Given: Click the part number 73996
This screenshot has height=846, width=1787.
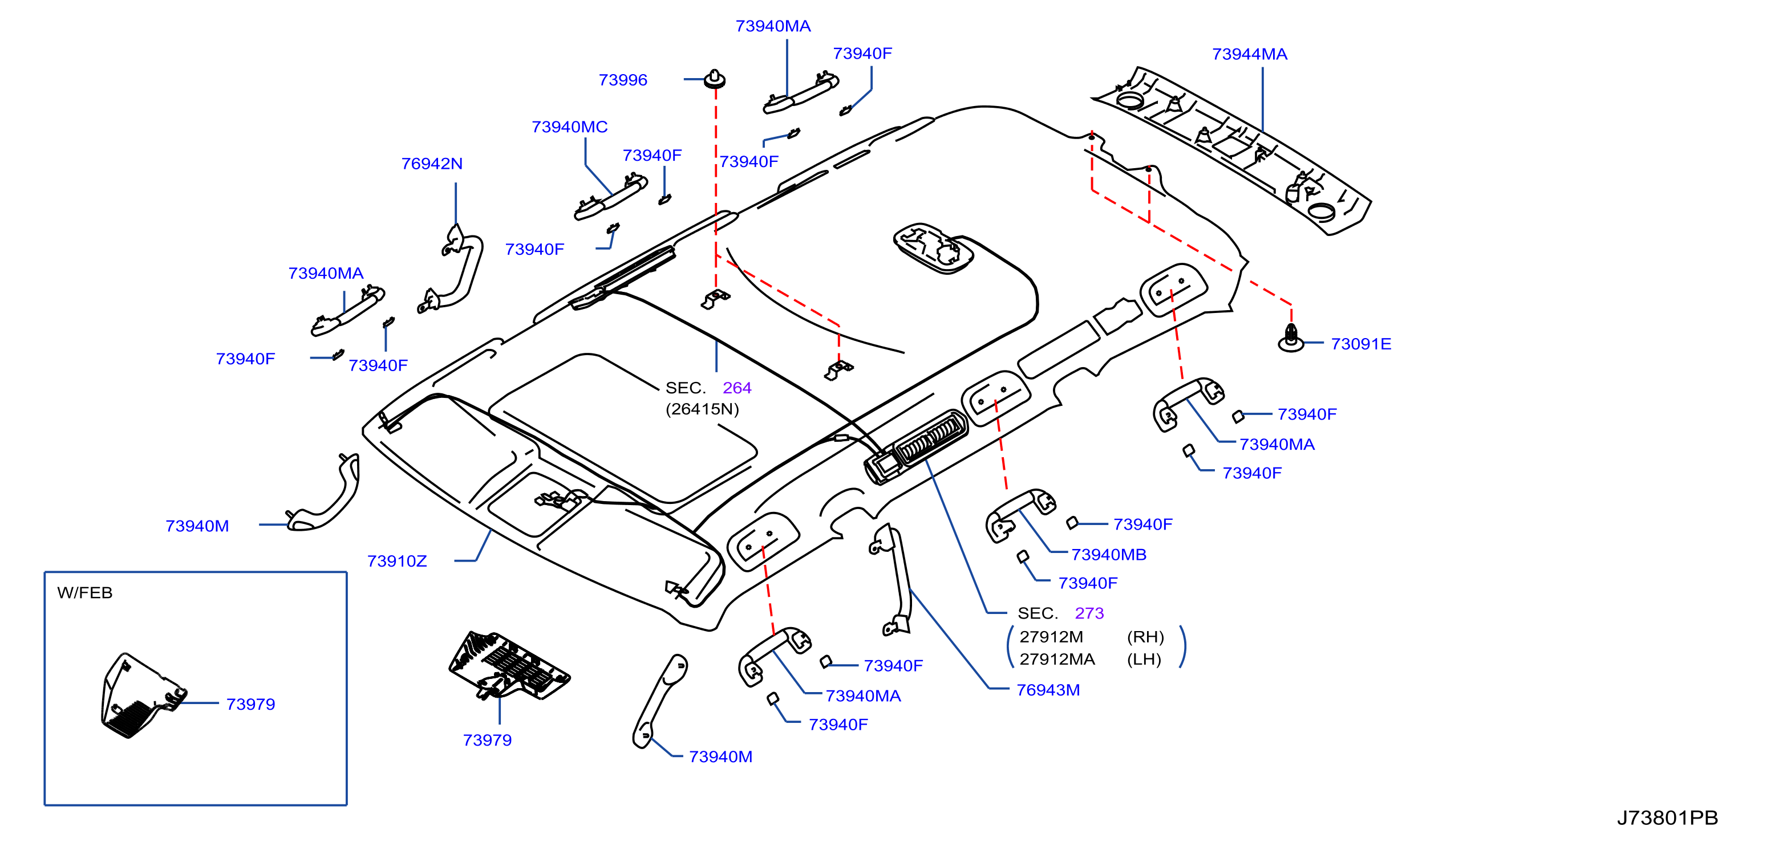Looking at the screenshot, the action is click(622, 80).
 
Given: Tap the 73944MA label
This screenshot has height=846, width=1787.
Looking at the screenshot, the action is click(1249, 54).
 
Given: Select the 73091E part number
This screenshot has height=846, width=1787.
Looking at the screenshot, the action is click(1360, 344).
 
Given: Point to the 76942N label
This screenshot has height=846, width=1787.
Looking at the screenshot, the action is click(431, 164).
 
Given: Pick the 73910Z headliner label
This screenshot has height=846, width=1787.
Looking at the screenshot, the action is click(397, 561).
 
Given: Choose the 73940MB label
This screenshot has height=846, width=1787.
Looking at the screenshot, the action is click(1109, 555).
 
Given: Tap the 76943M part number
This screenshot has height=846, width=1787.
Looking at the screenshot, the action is click(1048, 690).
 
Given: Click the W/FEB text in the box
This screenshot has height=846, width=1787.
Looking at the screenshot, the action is click(84, 593).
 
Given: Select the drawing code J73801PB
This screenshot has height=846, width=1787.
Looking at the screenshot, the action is click(1667, 818).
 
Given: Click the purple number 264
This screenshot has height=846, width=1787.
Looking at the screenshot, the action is click(737, 388).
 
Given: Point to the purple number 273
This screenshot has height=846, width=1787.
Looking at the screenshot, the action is click(1089, 613).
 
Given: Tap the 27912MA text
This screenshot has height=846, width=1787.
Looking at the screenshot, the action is click(1056, 660).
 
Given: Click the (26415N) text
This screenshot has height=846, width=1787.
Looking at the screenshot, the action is click(702, 409).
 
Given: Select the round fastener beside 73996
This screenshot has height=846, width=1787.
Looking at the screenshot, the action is click(715, 79).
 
